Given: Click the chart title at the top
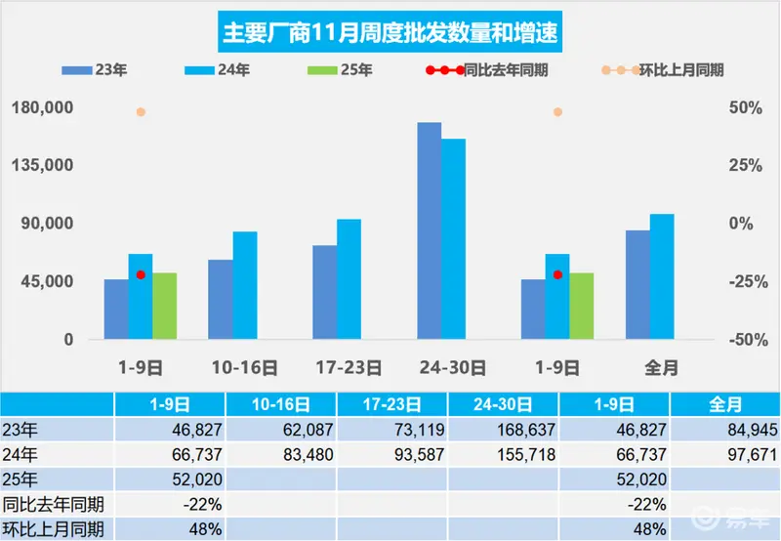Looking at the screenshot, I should point(390,33).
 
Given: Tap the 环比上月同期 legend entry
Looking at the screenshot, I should point(669,70).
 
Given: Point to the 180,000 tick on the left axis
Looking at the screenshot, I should point(42,107).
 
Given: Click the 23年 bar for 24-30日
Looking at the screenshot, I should point(430,230).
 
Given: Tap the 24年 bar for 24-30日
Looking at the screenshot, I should point(453,239).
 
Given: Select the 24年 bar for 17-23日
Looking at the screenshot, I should point(349,278).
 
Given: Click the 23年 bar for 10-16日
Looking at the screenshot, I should point(221,299).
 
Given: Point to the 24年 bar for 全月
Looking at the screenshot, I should point(662,276).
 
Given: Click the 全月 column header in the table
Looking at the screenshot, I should point(725,403).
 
